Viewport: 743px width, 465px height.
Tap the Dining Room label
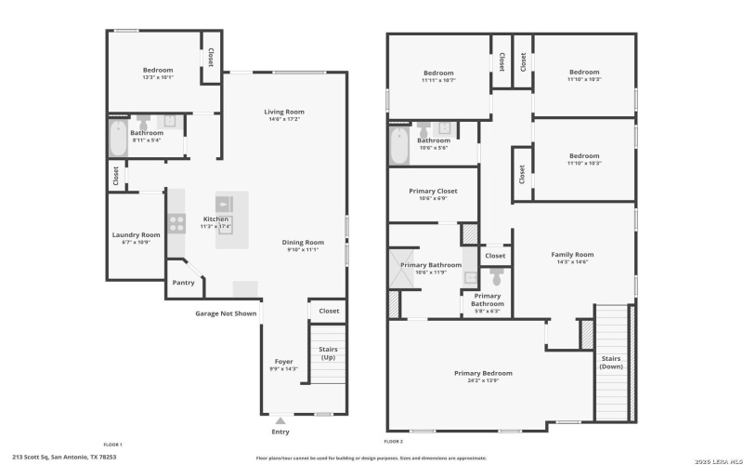[x=303, y=243]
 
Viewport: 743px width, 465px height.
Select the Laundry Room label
[x=137, y=235]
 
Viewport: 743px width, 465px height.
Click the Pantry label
[x=183, y=283]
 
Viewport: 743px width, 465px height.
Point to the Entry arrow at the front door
[x=280, y=421]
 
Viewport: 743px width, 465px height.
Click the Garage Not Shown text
[x=226, y=313]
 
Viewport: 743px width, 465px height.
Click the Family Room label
[x=572, y=254]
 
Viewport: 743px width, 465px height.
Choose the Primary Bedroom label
[x=483, y=373]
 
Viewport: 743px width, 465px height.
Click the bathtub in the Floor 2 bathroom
[x=398, y=145]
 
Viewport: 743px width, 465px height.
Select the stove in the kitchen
[x=176, y=222]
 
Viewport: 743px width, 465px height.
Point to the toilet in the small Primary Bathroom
[x=496, y=276]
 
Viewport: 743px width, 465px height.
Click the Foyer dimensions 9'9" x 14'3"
[x=283, y=369]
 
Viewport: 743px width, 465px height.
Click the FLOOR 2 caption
[x=394, y=441]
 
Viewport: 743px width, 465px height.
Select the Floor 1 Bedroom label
[x=158, y=70]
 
